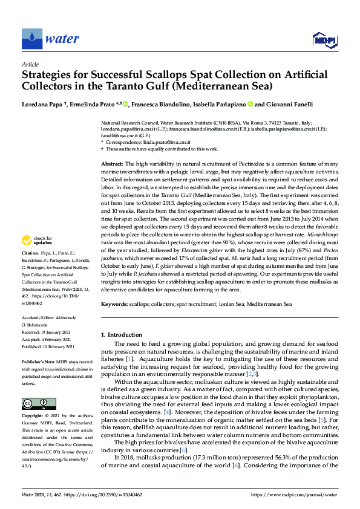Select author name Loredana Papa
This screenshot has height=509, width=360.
(40, 103)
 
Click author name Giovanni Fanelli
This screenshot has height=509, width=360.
(292, 103)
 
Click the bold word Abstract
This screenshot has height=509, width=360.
(112, 164)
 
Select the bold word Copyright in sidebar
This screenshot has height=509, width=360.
(34, 417)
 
